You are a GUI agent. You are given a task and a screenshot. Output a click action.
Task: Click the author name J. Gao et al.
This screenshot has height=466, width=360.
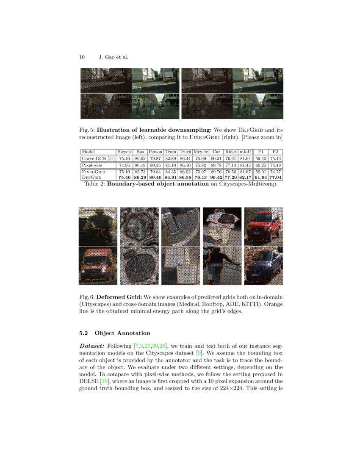[114, 57]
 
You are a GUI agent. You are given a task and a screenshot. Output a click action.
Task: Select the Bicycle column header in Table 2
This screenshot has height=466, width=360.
[124, 152]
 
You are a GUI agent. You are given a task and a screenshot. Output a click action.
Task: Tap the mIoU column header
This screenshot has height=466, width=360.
[245, 152]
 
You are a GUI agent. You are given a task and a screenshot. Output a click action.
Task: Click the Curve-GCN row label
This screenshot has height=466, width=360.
[94, 158]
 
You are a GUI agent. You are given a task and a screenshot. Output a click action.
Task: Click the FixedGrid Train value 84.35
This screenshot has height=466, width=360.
[170, 172]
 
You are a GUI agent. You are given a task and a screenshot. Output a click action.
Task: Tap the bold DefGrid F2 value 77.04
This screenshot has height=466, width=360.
[275, 177]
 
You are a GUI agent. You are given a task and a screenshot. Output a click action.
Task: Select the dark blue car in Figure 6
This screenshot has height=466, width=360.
[263, 266]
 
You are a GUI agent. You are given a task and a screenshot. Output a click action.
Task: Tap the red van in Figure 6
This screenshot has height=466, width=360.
[97, 266]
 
